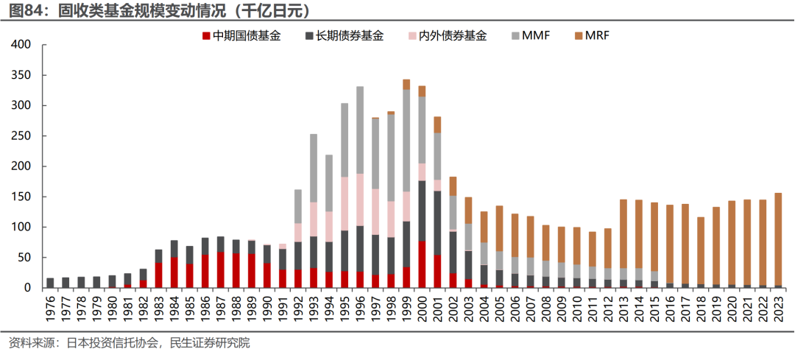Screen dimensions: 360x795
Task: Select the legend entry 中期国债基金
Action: [x=241, y=35]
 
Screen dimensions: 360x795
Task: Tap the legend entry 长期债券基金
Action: [x=344, y=35]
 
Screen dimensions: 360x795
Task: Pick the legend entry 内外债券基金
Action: [x=447, y=35]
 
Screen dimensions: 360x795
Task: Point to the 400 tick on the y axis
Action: [x=20, y=45]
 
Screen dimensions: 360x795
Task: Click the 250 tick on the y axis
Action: [x=20, y=136]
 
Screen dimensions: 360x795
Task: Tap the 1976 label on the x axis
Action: [x=50, y=310]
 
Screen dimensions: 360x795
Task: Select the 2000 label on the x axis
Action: [x=423, y=310]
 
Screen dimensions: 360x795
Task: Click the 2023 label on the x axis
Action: [x=779, y=310]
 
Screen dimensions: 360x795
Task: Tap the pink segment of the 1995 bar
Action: [x=344, y=203]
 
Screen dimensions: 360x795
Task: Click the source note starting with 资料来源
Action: [x=129, y=344]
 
